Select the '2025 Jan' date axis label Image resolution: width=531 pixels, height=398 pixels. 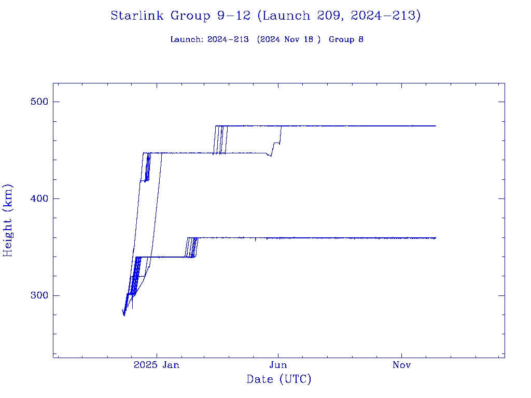157,365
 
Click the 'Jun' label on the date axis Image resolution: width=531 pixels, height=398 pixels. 278,365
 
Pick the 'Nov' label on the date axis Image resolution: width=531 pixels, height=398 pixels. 401,365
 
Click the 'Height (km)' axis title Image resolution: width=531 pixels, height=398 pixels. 8,220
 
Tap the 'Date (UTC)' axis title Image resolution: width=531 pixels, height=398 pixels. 279,379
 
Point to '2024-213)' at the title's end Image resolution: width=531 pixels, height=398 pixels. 386,16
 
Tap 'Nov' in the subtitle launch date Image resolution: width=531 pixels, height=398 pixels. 295,39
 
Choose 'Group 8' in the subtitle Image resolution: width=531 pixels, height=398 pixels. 346,39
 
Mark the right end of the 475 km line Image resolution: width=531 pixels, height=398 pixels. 436,126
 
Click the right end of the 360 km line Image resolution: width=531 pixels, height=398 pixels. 436,238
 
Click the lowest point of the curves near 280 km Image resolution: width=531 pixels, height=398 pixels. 124,315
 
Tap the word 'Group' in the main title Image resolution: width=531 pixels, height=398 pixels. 190,16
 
